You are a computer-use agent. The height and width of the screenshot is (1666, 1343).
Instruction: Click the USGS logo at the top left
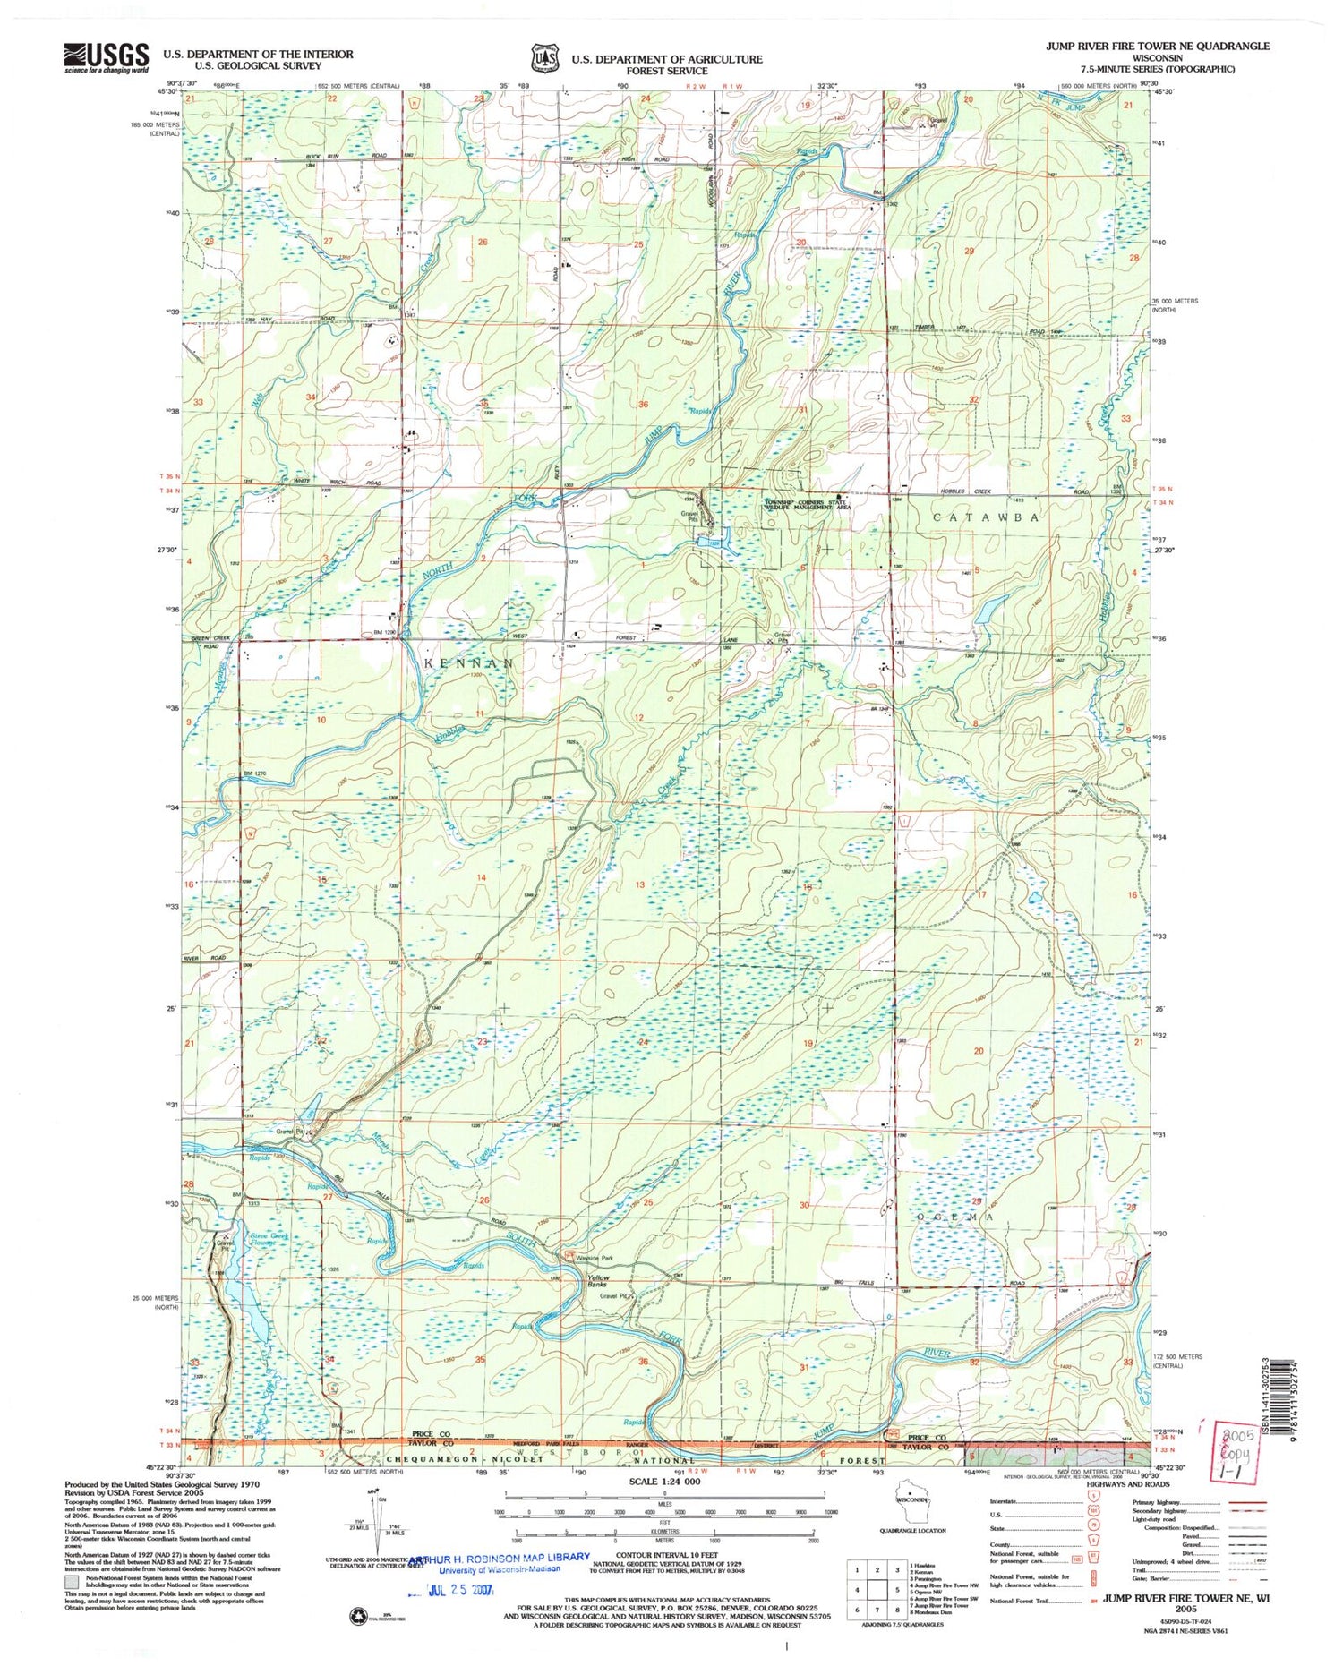[x=106, y=58]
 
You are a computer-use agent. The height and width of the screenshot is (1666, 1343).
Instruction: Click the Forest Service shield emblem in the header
[x=542, y=57]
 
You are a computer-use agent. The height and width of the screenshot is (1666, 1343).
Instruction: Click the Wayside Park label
[x=594, y=1257]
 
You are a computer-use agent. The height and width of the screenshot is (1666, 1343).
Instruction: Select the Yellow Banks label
[x=597, y=1282]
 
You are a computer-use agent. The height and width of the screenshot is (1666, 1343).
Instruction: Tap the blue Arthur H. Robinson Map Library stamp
[x=500, y=1561]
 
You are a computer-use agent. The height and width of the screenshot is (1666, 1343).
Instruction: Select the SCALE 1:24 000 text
[x=663, y=1482]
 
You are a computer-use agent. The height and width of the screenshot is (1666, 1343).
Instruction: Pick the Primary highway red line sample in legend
[x=1246, y=1501]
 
